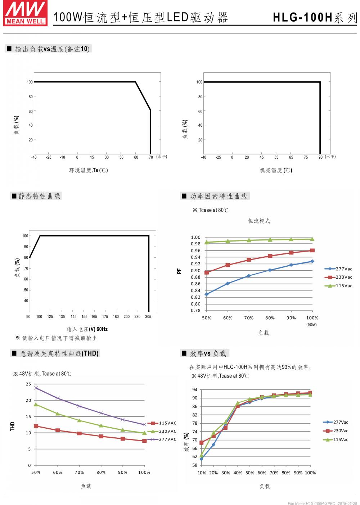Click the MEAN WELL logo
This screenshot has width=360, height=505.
(x=25, y=13)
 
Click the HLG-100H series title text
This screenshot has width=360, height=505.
(x=314, y=17)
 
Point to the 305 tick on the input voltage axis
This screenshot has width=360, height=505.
(x=148, y=317)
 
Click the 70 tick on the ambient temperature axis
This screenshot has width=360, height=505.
(x=151, y=157)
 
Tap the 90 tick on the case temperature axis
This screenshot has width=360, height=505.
(x=320, y=157)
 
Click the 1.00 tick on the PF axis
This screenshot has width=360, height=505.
(x=195, y=237)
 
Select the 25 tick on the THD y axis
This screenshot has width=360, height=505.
(x=28, y=384)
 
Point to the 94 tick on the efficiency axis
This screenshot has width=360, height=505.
(x=195, y=390)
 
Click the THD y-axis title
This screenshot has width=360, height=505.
(x=13, y=427)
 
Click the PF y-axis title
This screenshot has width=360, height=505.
(x=179, y=271)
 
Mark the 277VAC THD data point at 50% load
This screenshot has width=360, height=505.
(x=36, y=388)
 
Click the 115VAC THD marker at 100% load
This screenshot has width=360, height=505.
(x=144, y=441)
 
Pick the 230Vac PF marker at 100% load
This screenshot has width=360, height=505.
(x=312, y=251)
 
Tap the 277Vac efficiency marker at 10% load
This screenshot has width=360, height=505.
(x=201, y=459)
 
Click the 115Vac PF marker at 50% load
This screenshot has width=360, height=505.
(x=207, y=242)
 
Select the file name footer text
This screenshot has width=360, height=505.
(x=322, y=503)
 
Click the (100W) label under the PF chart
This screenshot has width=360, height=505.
(x=312, y=325)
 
